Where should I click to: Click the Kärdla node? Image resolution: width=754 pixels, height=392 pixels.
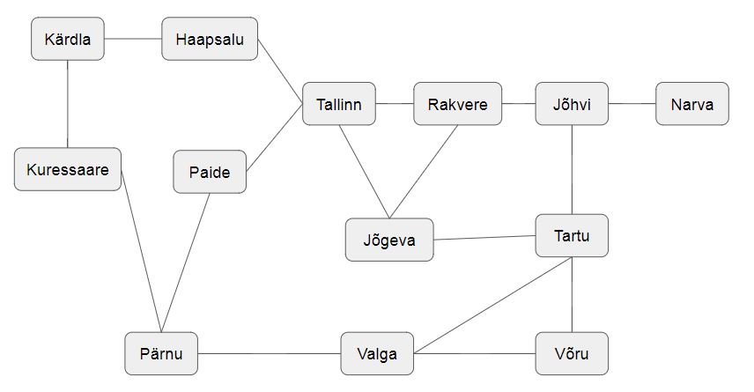click(x=68, y=40)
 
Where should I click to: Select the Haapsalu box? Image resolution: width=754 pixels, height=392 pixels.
click(x=210, y=39)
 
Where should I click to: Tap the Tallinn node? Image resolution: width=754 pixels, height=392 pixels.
click(x=339, y=105)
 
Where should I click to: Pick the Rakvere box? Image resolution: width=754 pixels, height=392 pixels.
click(x=457, y=105)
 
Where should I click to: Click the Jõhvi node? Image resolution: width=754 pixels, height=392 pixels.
click(x=572, y=105)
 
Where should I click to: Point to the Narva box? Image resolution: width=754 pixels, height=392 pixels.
click(x=691, y=105)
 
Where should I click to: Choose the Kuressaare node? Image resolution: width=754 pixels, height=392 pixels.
click(x=68, y=169)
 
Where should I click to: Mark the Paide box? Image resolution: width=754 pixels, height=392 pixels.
click(x=210, y=173)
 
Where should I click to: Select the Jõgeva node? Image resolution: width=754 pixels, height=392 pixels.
click(x=388, y=240)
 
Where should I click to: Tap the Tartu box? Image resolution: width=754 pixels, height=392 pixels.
click(x=572, y=235)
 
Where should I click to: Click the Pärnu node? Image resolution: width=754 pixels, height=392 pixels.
click(x=161, y=354)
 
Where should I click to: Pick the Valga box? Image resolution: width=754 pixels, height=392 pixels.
click(x=377, y=354)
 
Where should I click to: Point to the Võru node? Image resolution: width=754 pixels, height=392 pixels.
click(x=572, y=354)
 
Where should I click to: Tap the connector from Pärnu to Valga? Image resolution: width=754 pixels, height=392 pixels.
click(x=270, y=354)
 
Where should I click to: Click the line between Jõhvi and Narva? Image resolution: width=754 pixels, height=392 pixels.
click(x=632, y=104)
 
